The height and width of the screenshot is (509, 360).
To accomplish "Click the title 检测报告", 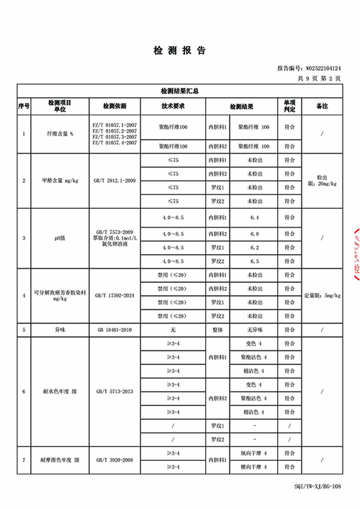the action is pyautogui.click(x=179, y=50).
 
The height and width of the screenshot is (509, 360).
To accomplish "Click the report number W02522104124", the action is pyautogui.click(x=322, y=69).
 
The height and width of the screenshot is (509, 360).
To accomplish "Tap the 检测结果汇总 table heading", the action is pyautogui.click(x=179, y=92).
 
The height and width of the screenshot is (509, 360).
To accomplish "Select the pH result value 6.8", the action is pyautogui.click(x=253, y=233).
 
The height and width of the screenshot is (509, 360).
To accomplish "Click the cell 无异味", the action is pyautogui.click(x=253, y=329).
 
